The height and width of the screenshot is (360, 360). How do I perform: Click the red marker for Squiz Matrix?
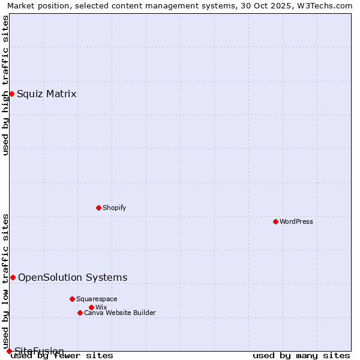(11, 94)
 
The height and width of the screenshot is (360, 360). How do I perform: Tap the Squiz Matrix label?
(46, 94)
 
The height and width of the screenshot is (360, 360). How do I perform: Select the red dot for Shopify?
(98, 208)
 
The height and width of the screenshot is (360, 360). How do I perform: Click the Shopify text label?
(114, 208)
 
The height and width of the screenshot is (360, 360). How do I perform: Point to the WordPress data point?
(275, 221)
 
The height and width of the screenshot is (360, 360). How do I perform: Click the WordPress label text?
(296, 221)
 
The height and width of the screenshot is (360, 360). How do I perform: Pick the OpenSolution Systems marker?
(13, 277)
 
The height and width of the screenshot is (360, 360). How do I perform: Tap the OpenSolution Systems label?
(73, 277)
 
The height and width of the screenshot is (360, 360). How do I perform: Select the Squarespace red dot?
(72, 299)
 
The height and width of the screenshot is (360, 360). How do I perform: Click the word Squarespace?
(97, 299)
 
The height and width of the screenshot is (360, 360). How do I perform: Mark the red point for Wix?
(91, 307)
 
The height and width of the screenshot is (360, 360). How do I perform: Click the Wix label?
(101, 307)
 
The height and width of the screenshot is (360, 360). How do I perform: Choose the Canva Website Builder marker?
(80, 313)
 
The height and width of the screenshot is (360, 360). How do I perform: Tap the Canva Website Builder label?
(119, 313)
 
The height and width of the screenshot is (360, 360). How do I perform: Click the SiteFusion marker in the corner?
(9, 351)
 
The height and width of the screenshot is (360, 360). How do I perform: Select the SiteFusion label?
(39, 351)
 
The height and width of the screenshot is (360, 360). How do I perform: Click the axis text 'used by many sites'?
(301, 356)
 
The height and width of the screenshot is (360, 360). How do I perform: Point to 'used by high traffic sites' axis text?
(6, 85)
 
